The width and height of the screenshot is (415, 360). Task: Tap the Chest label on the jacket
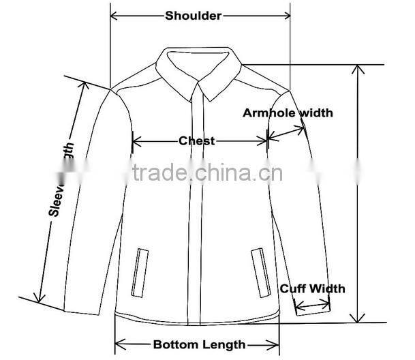[x=196, y=141]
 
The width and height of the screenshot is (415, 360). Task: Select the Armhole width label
[x=288, y=112]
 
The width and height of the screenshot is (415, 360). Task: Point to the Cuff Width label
[x=313, y=288]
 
